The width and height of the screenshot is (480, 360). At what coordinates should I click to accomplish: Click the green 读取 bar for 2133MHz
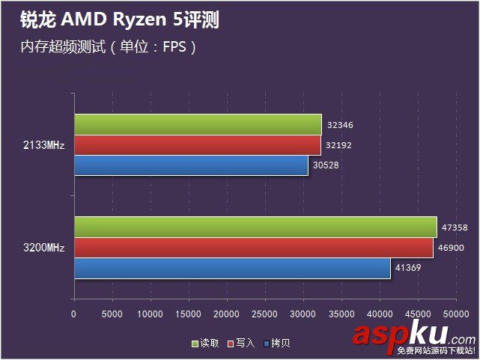198,124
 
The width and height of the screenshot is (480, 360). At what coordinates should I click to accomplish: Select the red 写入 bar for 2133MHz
197,144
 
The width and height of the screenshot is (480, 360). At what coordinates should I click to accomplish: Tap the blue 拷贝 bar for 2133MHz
191,165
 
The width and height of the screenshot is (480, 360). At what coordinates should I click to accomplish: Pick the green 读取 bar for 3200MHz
255,227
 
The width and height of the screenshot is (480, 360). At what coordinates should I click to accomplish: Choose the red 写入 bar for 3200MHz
253,247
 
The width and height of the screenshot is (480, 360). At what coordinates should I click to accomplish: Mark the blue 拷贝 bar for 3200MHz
232,267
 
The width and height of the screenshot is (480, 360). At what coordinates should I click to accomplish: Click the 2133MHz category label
44,144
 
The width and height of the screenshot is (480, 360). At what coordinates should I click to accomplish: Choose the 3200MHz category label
44,247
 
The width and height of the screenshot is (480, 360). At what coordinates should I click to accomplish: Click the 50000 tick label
456,314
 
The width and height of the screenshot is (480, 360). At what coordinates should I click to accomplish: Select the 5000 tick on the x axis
112,314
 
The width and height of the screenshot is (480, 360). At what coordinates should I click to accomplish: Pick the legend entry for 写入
242,343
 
